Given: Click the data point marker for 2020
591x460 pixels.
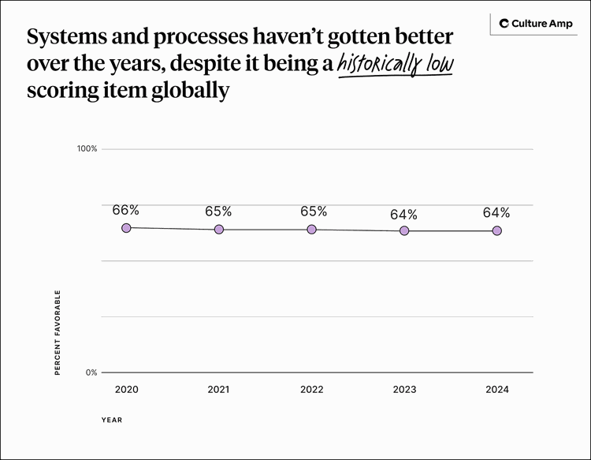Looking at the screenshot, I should coord(126,227).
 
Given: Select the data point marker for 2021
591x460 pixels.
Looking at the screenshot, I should coord(219,229).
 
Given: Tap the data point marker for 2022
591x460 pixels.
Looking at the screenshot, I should coord(311,229).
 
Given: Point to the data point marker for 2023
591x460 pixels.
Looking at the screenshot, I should coord(404,230).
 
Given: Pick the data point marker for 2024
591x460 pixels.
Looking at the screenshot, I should coord(496,230).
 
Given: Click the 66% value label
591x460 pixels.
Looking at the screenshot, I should coord(126,210).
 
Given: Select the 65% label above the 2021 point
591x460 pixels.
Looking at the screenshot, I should coord(218,211).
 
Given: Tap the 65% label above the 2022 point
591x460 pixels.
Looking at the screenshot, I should coord(313,211).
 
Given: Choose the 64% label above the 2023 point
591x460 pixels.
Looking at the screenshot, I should coord(403,215).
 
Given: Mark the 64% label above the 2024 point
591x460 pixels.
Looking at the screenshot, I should coord(496,213).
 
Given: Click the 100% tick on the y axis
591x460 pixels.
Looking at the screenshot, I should coord(87,149).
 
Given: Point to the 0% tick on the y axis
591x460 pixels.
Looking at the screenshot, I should coord(91,372).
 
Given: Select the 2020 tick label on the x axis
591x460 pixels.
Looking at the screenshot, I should coord(126,390).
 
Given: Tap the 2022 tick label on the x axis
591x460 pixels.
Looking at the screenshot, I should coord(311,390).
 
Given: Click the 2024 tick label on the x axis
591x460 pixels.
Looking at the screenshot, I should coord(496,390).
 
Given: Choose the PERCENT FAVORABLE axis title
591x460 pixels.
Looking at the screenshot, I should coord(58,332).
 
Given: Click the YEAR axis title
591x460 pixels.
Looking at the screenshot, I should coord(111,420).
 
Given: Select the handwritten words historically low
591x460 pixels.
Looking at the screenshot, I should coord(395,64).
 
